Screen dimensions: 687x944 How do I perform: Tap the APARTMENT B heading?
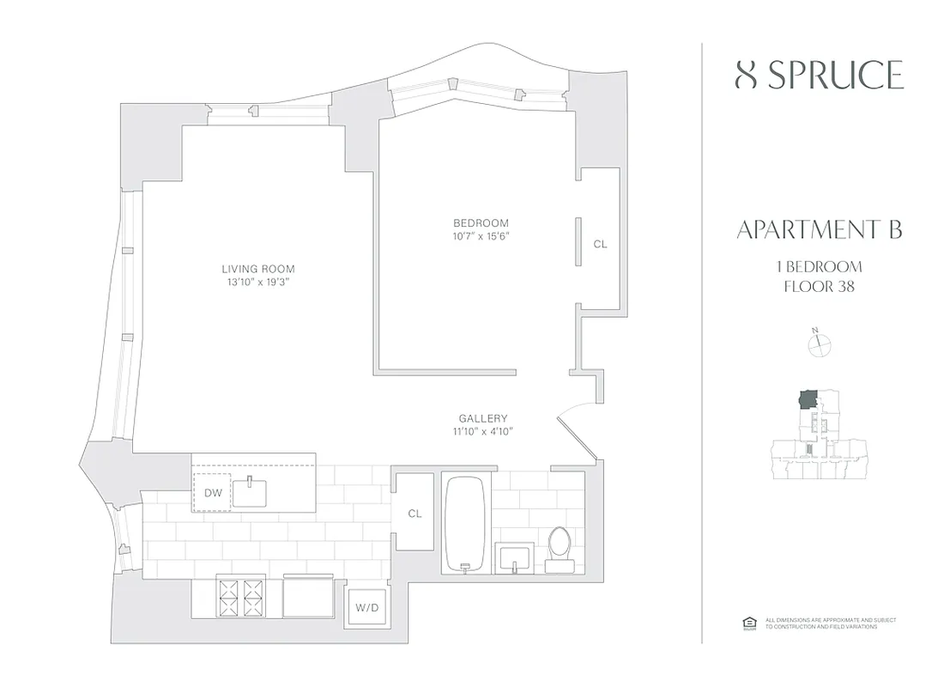click(820, 230)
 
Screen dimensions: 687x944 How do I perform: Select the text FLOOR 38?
click(820, 286)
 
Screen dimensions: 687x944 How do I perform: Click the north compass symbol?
click(820, 343)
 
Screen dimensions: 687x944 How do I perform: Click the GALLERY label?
click(476, 418)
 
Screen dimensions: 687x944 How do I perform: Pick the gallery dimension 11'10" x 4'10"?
click(476, 431)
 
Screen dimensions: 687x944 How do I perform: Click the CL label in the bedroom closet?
click(600, 244)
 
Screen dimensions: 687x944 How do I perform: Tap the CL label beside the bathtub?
click(415, 514)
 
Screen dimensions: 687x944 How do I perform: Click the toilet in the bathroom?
click(560, 546)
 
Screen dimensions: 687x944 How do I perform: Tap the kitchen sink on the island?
click(250, 492)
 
